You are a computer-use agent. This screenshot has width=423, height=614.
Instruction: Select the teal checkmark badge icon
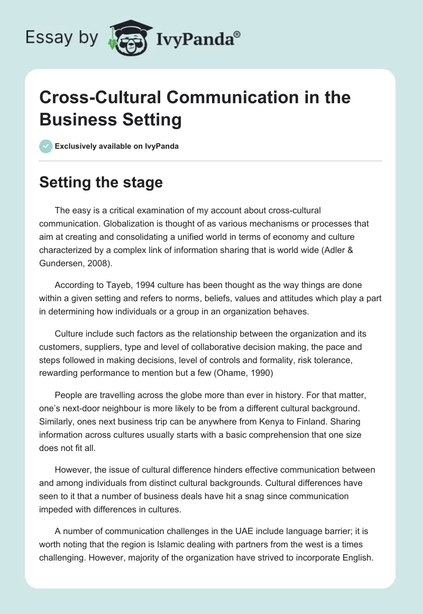[x=46, y=146]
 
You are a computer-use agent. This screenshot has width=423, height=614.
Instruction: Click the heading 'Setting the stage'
[x=101, y=182]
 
